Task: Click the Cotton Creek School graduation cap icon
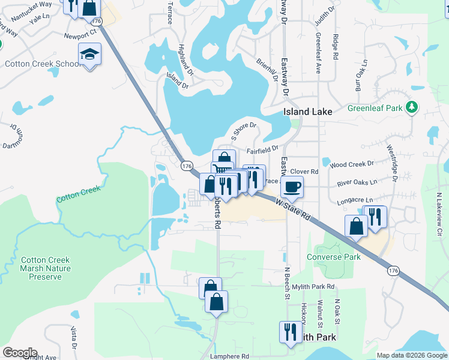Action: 90,55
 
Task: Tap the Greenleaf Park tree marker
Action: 412,107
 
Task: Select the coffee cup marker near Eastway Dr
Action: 292,187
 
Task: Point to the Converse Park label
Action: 333,257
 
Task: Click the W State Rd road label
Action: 294,211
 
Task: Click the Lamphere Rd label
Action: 229,356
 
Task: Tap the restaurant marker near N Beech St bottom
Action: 291,332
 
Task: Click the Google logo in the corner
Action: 19,353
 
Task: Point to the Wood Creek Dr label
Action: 351,164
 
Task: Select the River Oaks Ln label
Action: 357,182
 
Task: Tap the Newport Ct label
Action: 80,35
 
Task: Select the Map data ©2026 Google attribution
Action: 412,355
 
